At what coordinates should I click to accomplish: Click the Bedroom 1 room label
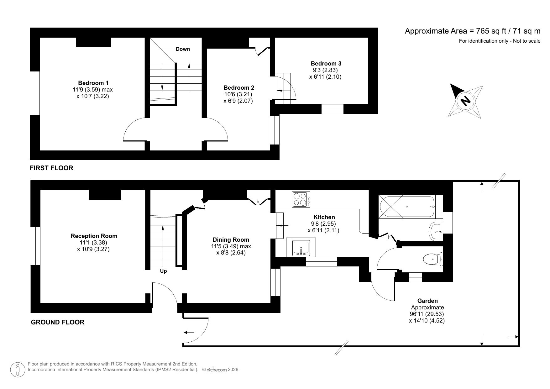[93, 83]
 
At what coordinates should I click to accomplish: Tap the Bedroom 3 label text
[326, 63]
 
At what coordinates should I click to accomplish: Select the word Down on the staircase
[183, 49]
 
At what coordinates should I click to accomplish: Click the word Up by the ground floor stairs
[163, 271]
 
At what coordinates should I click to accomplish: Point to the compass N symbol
[465, 101]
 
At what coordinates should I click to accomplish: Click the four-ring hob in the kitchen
[301, 199]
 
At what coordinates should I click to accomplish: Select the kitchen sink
[301, 248]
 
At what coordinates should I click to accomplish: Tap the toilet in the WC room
[432, 259]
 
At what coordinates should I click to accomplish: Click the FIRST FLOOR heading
[51, 168]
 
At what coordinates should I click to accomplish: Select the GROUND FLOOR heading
[57, 322]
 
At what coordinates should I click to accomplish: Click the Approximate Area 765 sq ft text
[472, 31]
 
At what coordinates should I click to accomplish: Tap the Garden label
[427, 301]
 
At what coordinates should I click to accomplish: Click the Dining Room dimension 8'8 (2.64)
[231, 253]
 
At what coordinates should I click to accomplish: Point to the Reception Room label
[94, 236]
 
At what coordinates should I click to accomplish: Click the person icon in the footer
[18, 370]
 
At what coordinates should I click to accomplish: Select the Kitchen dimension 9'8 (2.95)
[323, 224]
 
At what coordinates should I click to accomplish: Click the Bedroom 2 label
[239, 87]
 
